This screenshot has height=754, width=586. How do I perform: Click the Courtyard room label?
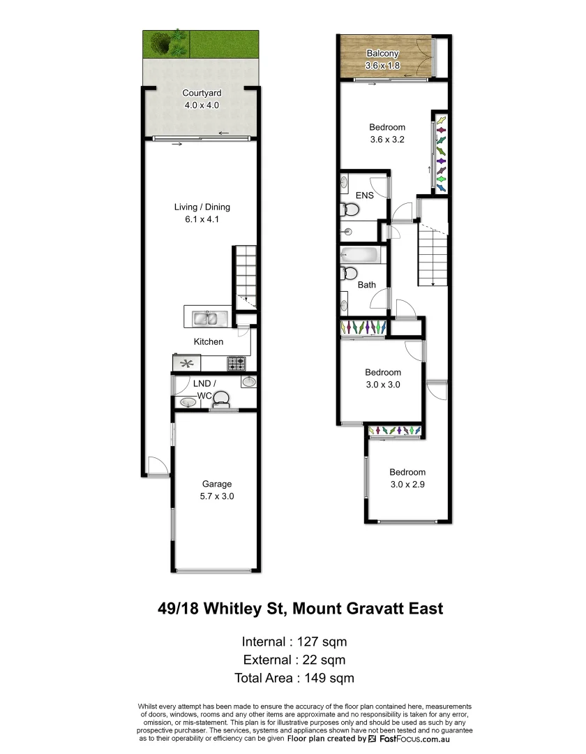[202, 93]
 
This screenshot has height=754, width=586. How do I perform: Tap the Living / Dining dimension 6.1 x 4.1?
[202, 219]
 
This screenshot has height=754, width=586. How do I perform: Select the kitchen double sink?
[206, 318]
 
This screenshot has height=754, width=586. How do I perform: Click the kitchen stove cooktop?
[235, 364]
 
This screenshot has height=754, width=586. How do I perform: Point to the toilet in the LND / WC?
[221, 399]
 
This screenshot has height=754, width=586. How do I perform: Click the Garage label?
[217, 484]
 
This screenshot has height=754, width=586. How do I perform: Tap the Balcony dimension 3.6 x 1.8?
[382, 66]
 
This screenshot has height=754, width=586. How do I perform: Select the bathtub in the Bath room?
[361, 256]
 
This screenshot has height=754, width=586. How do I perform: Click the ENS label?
[364, 195]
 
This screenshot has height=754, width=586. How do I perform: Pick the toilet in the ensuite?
[348, 209]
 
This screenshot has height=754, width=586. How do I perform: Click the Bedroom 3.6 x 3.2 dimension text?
[386, 139]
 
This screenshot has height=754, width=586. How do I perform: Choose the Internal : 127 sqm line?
[294, 642]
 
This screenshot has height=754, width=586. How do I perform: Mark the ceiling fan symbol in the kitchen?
[186, 363]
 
